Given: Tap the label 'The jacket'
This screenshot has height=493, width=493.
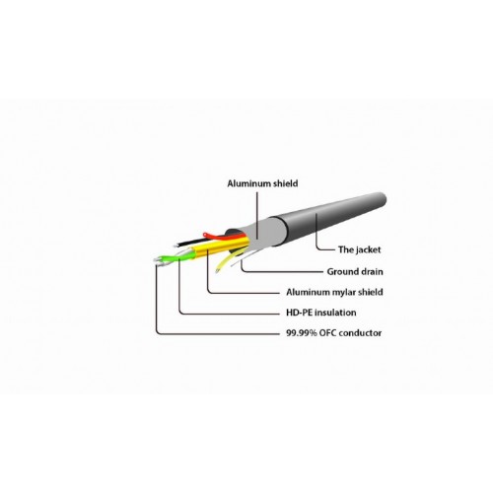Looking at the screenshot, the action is tap(359, 249).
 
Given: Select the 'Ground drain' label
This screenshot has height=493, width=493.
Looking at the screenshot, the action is tap(355, 272).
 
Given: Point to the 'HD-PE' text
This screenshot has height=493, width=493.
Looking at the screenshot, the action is tap(299, 313).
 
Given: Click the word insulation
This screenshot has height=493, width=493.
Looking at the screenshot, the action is tap(335, 313).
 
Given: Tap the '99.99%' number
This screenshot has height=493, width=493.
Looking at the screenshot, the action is tap(302, 333).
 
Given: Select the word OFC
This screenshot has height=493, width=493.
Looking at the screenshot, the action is tap(327, 333).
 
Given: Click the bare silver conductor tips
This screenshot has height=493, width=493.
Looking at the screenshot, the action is tap(159, 261).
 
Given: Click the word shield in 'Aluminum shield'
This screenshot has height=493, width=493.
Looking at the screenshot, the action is tap(285, 183).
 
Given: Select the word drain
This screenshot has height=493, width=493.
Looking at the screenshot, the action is tap(371, 272).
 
